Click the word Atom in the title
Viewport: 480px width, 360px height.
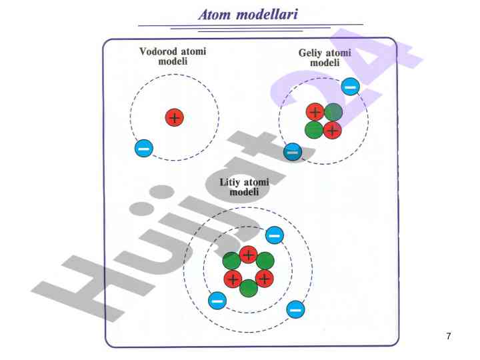click(215, 13)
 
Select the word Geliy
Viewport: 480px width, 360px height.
click(311, 53)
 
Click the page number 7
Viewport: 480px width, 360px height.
click(449, 336)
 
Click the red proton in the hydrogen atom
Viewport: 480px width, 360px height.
click(175, 118)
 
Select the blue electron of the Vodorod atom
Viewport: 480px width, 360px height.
click(143, 148)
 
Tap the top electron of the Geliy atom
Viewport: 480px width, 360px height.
click(350, 87)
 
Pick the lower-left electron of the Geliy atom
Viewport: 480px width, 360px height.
click(292, 152)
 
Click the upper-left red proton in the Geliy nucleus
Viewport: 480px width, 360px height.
click(315, 112)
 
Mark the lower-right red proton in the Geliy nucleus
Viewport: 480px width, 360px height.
click(332, 129)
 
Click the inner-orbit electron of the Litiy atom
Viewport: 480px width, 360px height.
click(275, 235)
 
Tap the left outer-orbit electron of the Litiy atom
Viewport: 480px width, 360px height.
click(217, 301)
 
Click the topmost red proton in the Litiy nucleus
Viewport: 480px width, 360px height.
click(249, 254)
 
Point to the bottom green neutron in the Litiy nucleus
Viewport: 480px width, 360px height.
click(249, 289)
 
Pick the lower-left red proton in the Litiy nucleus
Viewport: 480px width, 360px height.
click(233, 278)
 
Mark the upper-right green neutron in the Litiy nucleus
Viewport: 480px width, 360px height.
click(265, 261)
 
